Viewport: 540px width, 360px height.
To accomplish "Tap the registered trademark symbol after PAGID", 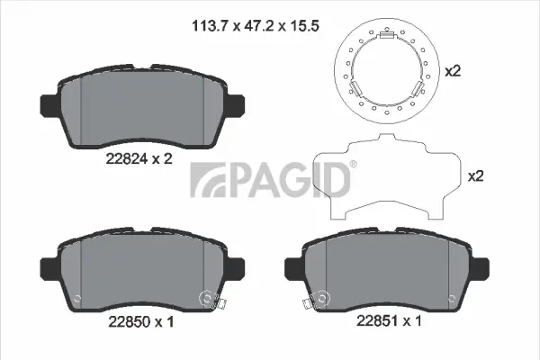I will (353, 164).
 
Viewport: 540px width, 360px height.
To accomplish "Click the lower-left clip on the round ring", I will (355, 89).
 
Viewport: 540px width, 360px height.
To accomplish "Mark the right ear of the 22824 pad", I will (237, 104).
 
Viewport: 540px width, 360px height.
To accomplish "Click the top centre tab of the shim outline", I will (387, 140).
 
